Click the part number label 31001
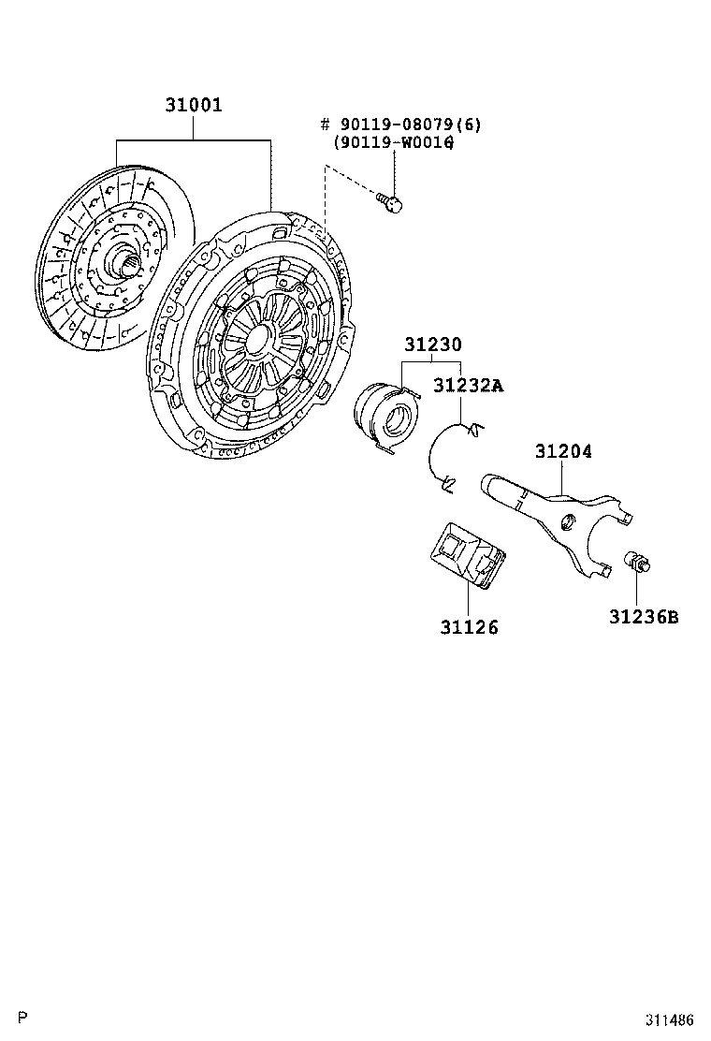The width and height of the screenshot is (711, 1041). [194, 105]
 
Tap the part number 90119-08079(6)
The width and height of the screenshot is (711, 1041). [411, 125]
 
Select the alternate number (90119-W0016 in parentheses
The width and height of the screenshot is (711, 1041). [393, 142]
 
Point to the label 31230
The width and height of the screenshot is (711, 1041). [433, 345]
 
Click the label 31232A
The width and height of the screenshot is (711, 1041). [469, 386]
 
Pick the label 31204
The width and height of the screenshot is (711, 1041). [564, 451]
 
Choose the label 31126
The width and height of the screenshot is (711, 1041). [469, 627]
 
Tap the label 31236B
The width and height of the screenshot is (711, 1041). [644, 618]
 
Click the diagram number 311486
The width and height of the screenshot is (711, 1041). [671, 1019]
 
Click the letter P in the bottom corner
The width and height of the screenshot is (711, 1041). [24, 1018]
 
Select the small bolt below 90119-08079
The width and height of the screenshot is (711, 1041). [391, 202]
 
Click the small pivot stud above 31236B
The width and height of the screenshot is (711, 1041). [637, 561]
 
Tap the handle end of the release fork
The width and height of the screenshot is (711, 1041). [499, 488]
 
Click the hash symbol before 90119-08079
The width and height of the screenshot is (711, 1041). [325, 125]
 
